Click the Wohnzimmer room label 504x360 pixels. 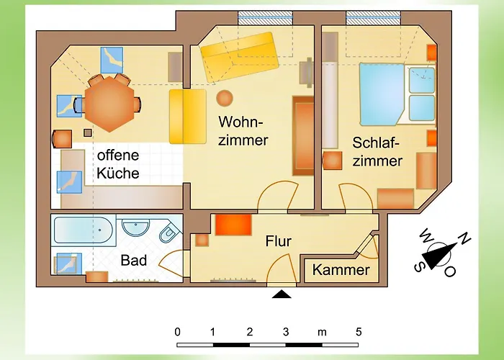point(243,130)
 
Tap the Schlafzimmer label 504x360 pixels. point(377,152)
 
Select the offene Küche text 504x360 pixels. point(118,164)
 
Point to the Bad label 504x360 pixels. point(134,261)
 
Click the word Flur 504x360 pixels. point(278,241)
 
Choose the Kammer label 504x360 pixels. point(341,271)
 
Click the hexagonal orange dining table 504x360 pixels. point(107,104)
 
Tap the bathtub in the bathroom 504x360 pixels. point(84,230)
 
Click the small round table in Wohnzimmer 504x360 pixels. point(225,97)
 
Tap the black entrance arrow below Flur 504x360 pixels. point(282,294)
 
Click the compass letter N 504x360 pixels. point(464,239)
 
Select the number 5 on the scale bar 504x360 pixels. point(358,332)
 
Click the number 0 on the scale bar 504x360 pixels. point(177,332)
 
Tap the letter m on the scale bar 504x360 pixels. point(322,332)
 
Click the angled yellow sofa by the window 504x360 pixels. point(239,57)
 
